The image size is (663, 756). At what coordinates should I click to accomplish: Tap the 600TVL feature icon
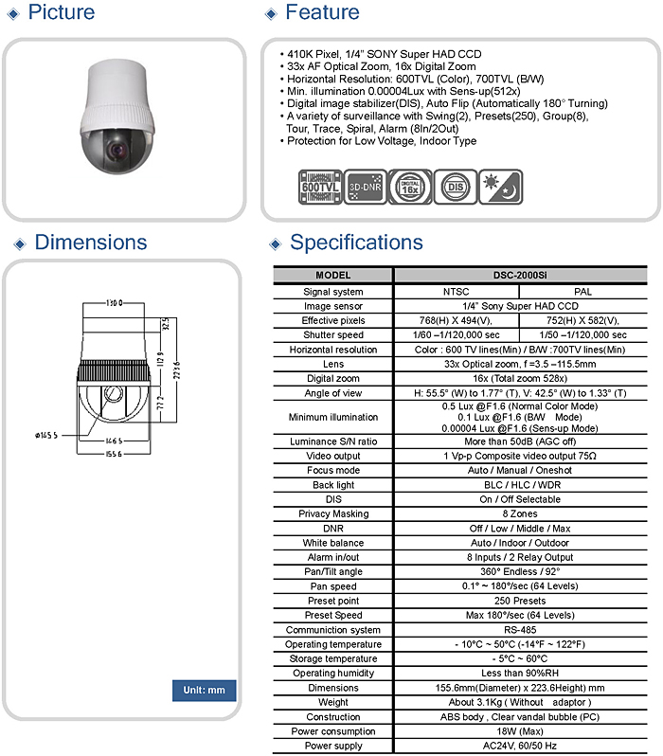coord(319,184)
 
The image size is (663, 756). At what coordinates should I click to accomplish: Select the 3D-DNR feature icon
coord(366,184)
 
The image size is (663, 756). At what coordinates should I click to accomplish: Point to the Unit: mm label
coord(204,690)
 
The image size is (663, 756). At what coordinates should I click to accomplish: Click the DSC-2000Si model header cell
coord(520,276)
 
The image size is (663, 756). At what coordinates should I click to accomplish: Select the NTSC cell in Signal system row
coord(456,292)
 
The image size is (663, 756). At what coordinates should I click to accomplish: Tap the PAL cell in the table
coord(582,292)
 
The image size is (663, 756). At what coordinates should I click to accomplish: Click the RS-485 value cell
coord(520,630)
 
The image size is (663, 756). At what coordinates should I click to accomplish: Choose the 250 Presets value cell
coord(520,601)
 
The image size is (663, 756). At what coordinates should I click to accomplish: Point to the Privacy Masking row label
coord(332,513)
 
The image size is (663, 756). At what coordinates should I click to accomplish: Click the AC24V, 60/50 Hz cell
coord(520,746)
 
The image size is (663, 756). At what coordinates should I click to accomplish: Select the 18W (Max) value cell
coord(520,731)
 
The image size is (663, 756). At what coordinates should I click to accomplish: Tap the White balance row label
coord(332,543)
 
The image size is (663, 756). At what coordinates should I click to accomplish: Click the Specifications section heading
coord(356,243)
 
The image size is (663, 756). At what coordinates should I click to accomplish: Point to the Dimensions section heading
coord(91,243)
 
